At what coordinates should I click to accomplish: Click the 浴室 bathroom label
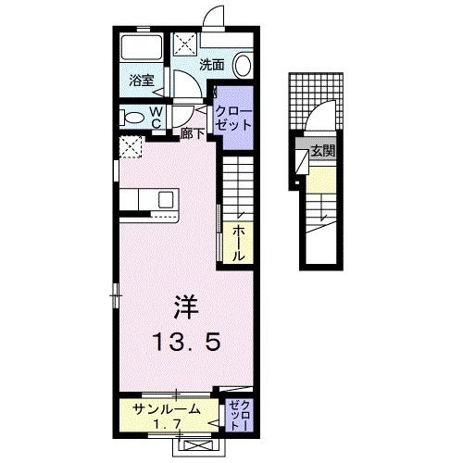pyautogui.click(x=141, y=81)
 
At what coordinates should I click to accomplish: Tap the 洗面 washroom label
pyautogui.click(x=212, y=65)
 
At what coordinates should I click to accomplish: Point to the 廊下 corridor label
pyautogui.click(x=193, y=133)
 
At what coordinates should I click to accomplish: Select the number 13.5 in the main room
pyautogui.click(x=186, y=343)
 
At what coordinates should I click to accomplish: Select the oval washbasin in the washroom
pyautogui.click(x=243, y=66)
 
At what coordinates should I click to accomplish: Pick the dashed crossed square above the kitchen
pyautogui.click(x=131, y=146)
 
